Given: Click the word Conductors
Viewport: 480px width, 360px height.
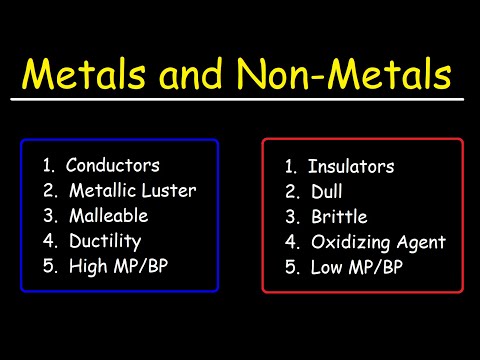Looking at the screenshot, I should click(x=114, y=165).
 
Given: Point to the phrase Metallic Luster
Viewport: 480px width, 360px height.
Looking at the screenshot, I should click(x=133, y=190).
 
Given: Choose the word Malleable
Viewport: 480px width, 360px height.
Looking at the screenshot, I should click(x=109, y=215).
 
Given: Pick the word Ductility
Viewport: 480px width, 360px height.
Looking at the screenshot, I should click(x=105, y=241).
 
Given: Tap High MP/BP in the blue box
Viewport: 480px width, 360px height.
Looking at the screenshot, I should click(x=122, y=266).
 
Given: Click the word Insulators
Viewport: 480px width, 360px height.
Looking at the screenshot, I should click(x=351, y=167).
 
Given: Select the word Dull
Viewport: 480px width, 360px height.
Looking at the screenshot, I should click(x=326, y=192).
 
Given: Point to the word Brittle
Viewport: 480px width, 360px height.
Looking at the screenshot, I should click(x=337, y=217).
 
